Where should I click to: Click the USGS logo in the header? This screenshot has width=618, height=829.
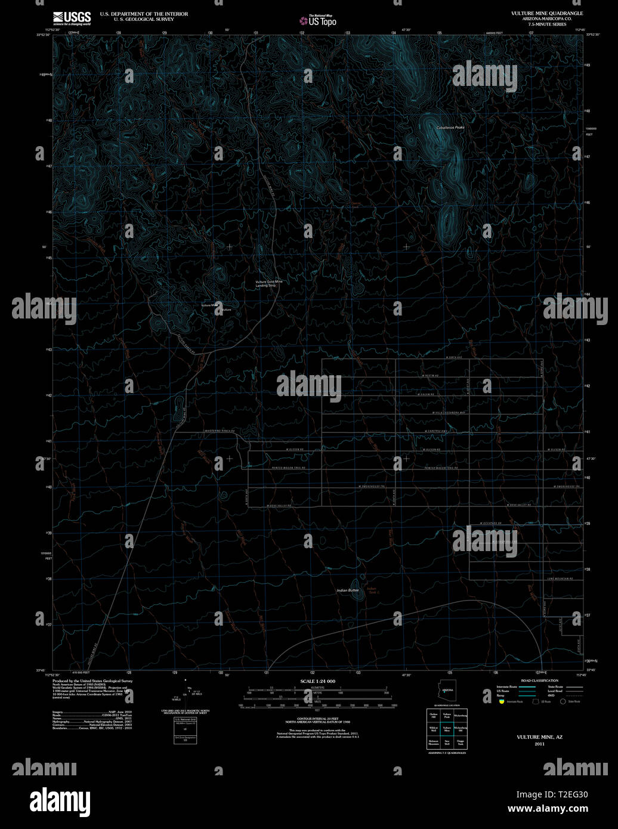point(72,18)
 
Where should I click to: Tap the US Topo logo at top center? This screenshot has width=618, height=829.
point(318,20)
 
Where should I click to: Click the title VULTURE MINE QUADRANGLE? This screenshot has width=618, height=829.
point(539,13)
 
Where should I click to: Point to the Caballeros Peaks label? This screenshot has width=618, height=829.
point(450,128)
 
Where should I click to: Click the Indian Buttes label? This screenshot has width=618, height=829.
point(348,590)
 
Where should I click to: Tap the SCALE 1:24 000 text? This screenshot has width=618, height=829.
point(317,681)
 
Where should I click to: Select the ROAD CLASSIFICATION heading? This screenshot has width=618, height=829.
point(539,680)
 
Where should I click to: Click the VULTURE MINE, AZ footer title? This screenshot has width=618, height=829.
point(539,737)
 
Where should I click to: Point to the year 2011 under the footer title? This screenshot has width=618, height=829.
point(539,744)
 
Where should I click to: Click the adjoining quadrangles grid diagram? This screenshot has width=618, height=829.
point(447,728)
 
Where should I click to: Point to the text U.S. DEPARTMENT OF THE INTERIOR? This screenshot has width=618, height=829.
point(144,14)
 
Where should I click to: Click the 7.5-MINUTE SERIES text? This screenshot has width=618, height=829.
point(539,23)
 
